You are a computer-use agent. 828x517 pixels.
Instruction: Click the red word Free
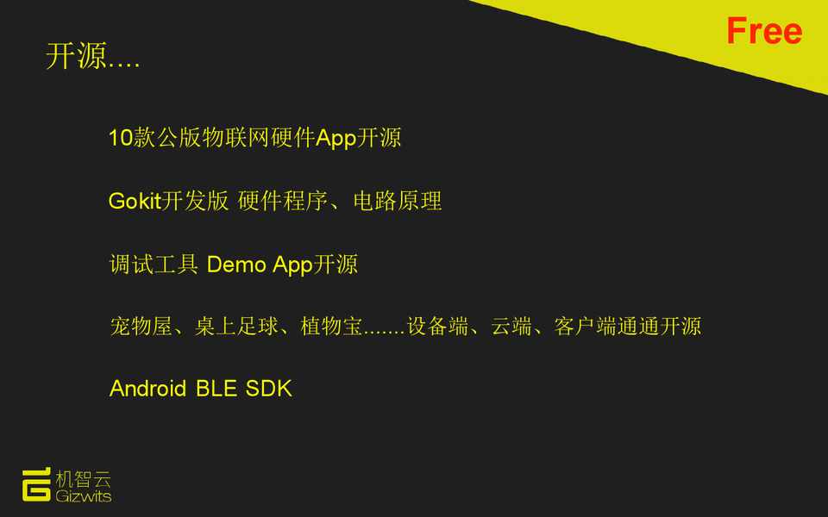pyautogui.click(x=764, y=31)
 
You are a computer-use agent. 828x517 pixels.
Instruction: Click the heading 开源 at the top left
pyautogui.click(x=76, y=56)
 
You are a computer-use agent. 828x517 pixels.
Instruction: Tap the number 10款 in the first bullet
pyautogui.click(x=131, y=138)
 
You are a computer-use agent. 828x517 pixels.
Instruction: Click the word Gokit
pyautogui.click(x=135, y=201)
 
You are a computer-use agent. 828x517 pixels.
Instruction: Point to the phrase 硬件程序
pyautogui.click(x=283, y=201)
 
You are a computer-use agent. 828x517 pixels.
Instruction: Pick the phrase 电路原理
pyautogui.click(x=397, y=201)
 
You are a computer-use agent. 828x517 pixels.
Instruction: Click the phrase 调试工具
pyautogui.click(x=154, y=265)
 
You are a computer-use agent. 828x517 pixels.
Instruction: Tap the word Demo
pyautogui.click(x=236, y=265)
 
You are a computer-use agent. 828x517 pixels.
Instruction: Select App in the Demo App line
pyautogui.click(x=292, y=265)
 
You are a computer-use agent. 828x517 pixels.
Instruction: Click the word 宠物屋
pyautogui.click(x=141, y=326)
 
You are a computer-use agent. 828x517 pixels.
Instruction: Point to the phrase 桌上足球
pyautogui.click(x=236, y=326)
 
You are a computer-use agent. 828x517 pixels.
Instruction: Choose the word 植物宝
pyautogui.click(x=331, y=326)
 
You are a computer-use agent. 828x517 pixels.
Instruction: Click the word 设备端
pyautogui.click(x=438, y=326)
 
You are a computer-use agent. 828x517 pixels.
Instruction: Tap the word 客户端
pyautogui.click(x=585, y=326)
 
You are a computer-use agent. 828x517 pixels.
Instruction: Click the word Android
pyautogui.click(x=147, y=389)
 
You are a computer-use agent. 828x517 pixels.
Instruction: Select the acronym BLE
pyautogui.click(x=216, y=389)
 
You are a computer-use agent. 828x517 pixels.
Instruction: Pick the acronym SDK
pyautogui.click(x=269, y=389)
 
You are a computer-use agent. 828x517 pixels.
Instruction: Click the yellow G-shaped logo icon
pyautogui.click(x=36, y=484)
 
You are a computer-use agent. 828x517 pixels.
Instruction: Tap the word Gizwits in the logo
pyautogui.click(x=84, y=496)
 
